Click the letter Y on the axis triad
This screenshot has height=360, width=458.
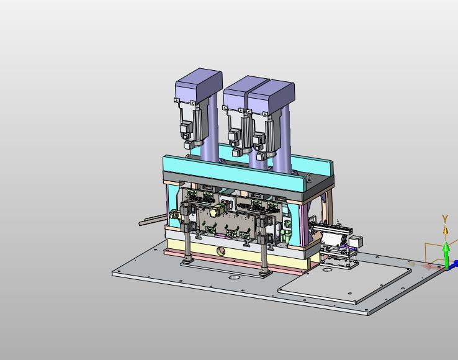click(x=445, y=218)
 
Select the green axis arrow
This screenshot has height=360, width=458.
click(x=446, y=255)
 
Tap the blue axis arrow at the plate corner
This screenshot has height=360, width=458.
click(x=454, y=265)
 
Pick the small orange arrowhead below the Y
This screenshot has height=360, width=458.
click(x=445, y=230)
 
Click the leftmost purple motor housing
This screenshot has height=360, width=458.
click(x=199, y=85)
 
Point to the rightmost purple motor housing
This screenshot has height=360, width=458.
click(x=271, y=96)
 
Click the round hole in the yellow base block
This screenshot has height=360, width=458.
click(x=221, y=251)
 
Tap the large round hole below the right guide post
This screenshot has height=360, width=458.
click(x=234, y=277)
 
